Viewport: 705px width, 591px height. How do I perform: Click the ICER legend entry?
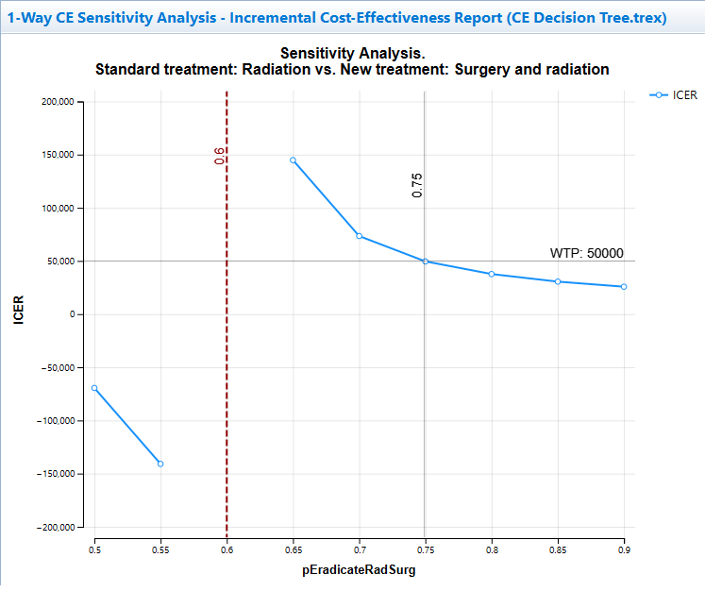pos(677,94)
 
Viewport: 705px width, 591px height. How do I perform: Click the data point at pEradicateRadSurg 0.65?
pos(293,160)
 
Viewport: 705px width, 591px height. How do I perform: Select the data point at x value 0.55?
pos(160,464)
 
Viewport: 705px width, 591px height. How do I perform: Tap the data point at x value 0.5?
pos(94,388)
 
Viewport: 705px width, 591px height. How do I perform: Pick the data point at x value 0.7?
pos(360,236)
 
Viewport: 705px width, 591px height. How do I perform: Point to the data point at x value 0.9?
pos(624,286)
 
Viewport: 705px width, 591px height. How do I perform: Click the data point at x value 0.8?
pos(492,274)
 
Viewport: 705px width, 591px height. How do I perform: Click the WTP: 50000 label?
pos(586,253)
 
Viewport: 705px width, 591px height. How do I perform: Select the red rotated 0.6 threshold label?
pos(219,157)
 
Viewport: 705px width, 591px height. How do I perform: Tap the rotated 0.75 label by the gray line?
pos(417,185)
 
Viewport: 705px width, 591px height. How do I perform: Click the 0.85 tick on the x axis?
pos(558,549)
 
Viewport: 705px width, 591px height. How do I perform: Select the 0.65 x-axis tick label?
pos(293,549)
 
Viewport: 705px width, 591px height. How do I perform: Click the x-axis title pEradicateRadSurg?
pos(359,570)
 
